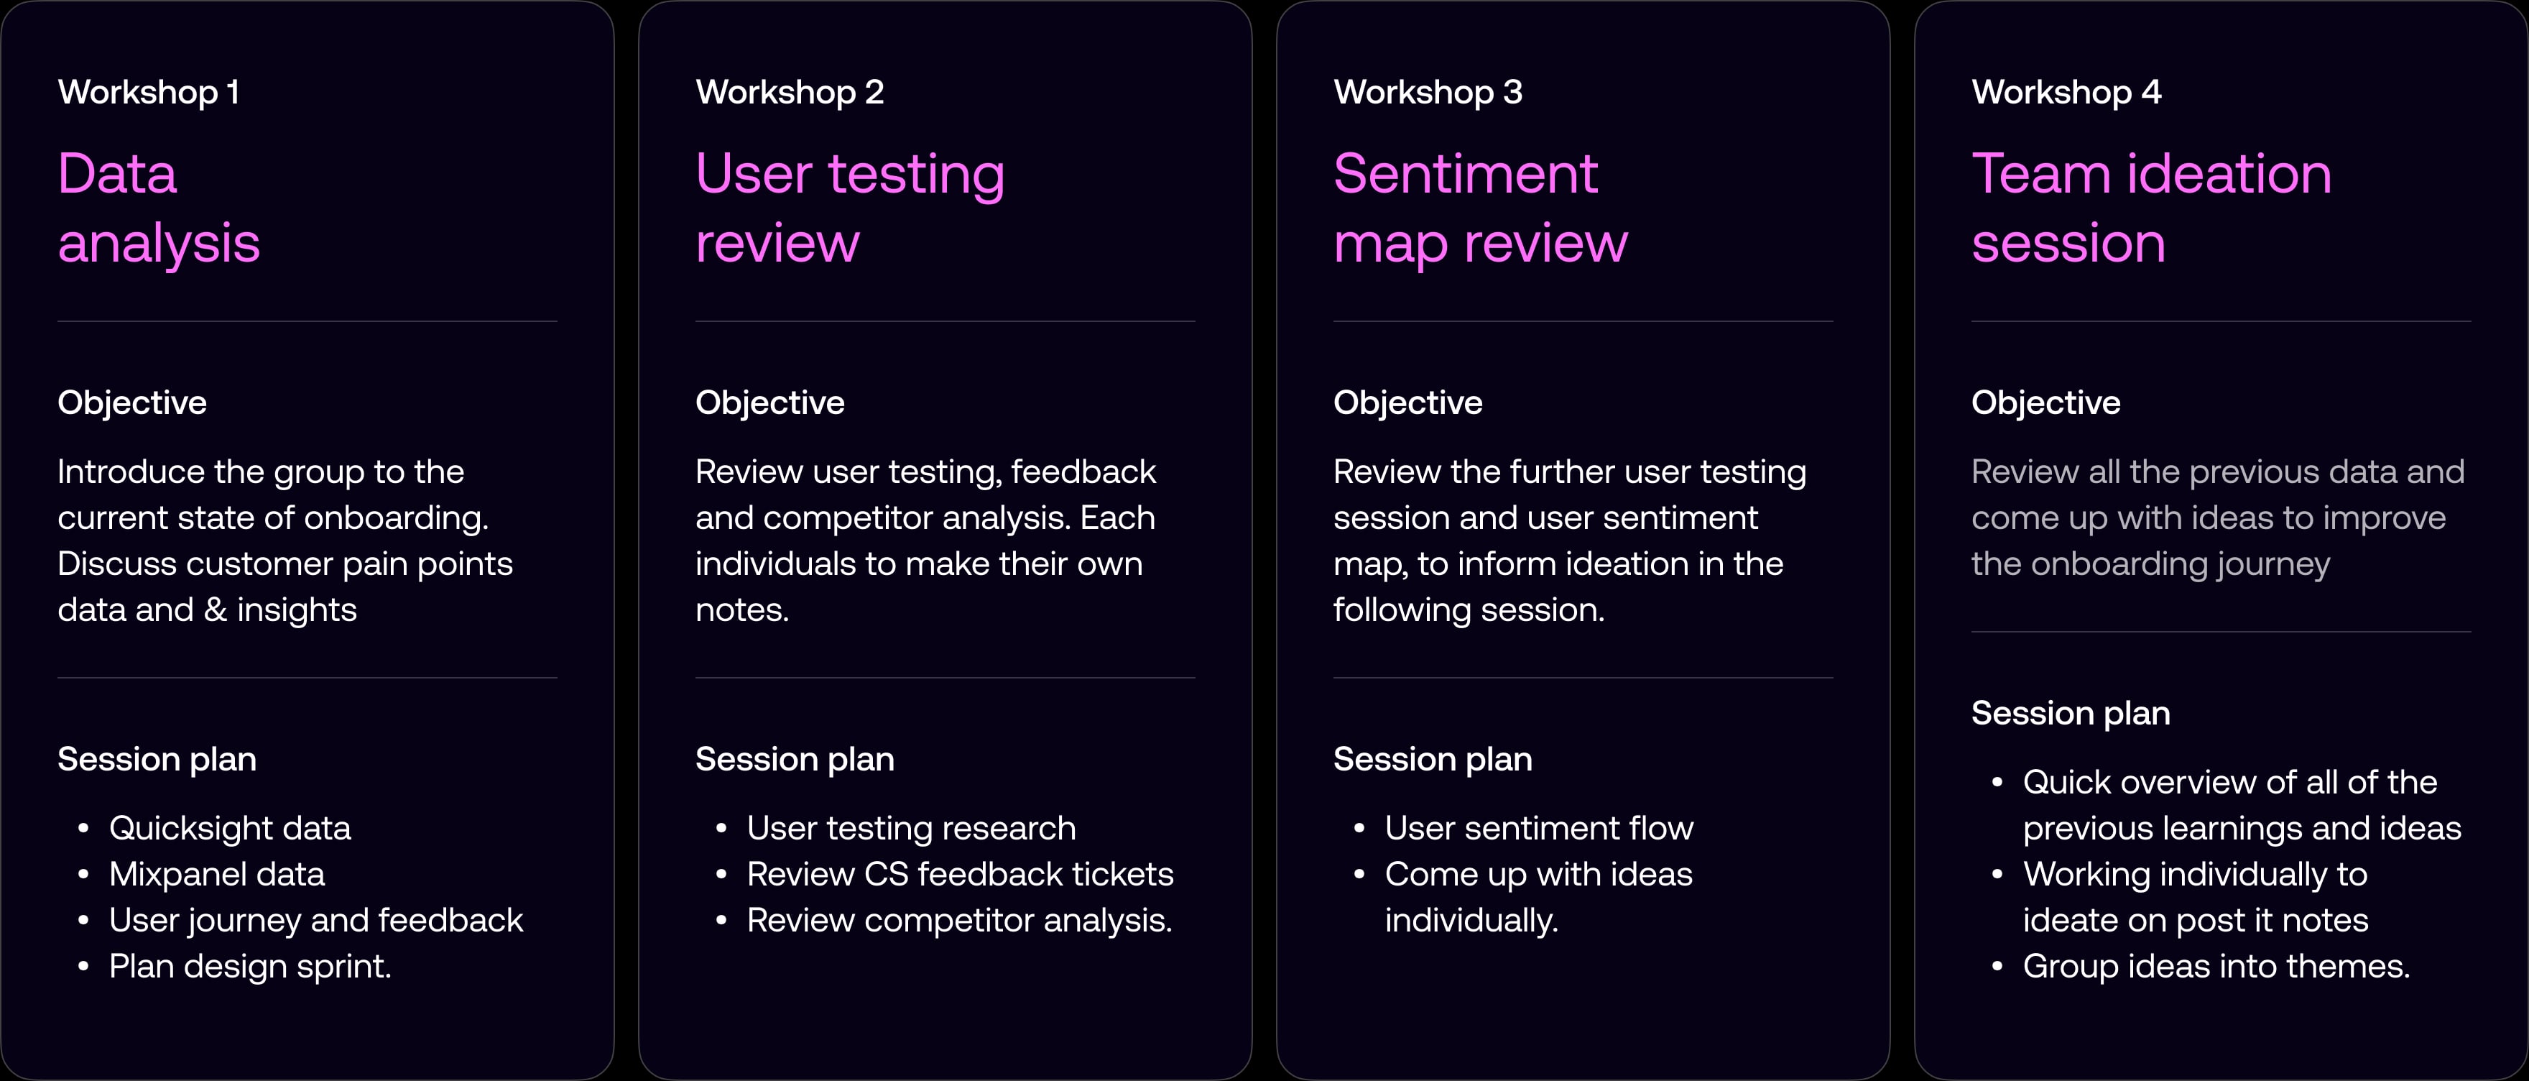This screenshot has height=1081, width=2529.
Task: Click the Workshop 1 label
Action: (148, 92)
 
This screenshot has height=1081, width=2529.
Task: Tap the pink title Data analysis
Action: (158, 208)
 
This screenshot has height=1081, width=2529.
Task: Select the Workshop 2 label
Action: (790, 92)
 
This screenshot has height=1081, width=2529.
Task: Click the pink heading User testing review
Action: (849, 208)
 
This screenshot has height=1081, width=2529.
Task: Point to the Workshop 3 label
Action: (1428, 92)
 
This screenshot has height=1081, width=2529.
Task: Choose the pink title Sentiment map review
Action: (1479, 208)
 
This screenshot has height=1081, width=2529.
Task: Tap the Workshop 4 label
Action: (2066, 92)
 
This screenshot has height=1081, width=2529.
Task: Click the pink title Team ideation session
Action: (2150, 208)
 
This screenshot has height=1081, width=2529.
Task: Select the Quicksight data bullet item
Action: (230, 829)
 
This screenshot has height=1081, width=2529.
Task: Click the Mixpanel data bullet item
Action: (216, 875)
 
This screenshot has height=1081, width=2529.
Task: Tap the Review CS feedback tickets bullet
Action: (959, 875)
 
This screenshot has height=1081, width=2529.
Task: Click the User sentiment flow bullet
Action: (1538, 829)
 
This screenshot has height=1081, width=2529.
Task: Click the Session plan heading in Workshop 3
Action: (1433, 759)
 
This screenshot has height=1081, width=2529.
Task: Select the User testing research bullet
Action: (910, 829)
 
